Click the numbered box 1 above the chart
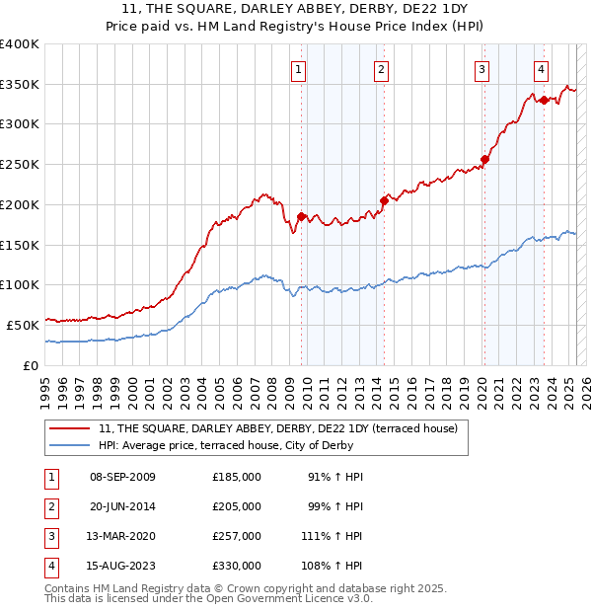[298, 69]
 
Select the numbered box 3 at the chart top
[481, 69]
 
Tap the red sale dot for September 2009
[301, 216]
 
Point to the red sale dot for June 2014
[384, 200]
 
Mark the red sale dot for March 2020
[484, 159]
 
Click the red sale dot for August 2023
[544, 99]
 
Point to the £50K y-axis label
[23, 325]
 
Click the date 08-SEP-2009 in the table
[122, 477]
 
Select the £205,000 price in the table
[237, 506]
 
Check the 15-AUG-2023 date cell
[122, 566]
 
